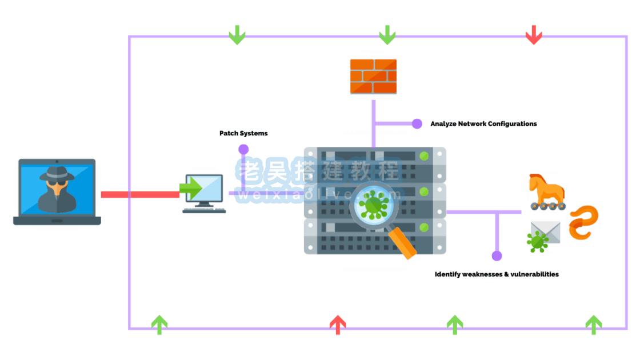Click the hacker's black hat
[x=57, y=172]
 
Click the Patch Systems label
[x=243, y=133]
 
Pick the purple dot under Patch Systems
[x=243, y=149]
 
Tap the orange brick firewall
[x=373, y=76]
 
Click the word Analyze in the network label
[x=443, y=123]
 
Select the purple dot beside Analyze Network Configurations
[x=417, y=123]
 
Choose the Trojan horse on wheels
[x=546, y=191]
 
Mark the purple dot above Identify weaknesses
[x=497, y=256]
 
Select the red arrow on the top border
[x=534, y=35]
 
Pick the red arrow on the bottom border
[x=338, y=325]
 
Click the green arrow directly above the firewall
[x=387, y=35]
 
